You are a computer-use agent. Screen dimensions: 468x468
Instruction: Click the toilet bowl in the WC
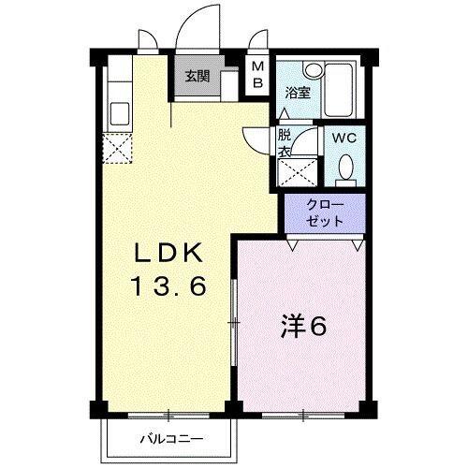(x=345, y=169)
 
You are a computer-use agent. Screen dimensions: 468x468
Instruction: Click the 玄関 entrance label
(x=196, y=77)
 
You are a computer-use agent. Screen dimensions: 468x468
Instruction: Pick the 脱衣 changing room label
(x=285, y=141)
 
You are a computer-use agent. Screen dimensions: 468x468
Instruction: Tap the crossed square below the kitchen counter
(x=119, y=149)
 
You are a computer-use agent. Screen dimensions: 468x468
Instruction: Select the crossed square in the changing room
(x=298, y=171)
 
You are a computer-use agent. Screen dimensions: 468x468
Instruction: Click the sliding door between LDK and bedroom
(x=233, y=323)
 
